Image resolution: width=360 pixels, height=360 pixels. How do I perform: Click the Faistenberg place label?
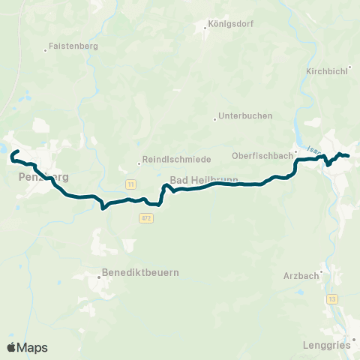coord(73,46)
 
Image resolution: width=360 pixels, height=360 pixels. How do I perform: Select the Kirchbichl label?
coord(326,70)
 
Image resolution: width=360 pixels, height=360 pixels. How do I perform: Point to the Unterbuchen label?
coord(245,116)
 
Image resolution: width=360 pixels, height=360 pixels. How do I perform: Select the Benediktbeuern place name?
coord(142,272)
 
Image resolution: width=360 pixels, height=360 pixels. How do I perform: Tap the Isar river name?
coord(313,150)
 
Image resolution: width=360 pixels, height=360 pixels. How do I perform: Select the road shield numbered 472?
coord(146,217)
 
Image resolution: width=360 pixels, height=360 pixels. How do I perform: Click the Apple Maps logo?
coord(27,347)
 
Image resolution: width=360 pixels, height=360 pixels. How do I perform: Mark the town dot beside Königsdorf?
coord(206,29)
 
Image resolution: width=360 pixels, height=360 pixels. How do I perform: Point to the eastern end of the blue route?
coord(348,156)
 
